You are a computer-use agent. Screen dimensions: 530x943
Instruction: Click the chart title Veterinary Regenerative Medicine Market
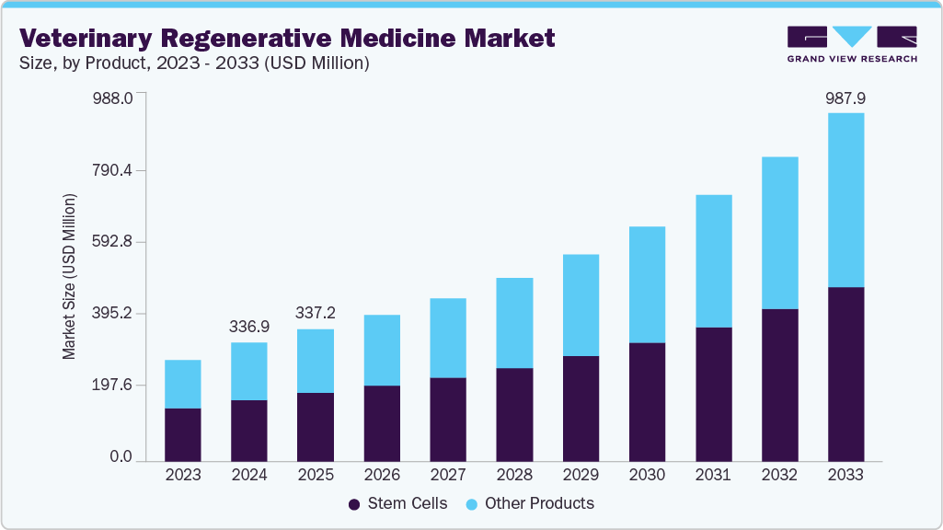tap(287, 38)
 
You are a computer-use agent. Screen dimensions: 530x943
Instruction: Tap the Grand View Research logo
tap(852, 43)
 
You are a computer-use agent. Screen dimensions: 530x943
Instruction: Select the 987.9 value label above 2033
tap(845, 98)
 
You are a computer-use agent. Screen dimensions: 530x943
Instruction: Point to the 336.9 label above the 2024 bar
tap(249, 327)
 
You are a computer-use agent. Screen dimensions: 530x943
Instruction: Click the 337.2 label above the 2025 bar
tap(316, 314)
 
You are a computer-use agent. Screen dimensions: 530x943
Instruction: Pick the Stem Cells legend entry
tap(398, 503)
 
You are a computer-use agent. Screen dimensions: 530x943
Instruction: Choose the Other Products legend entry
tap(530, 503)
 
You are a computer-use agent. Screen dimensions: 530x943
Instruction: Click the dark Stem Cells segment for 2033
tap(845, 374)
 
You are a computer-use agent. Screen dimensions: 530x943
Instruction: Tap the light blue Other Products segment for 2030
tap(647, 284)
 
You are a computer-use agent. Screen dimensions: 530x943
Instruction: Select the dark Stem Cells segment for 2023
tap(183, 434)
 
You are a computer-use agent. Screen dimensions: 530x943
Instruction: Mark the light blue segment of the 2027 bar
tap(448, 338)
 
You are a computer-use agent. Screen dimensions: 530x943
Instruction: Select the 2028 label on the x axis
tap(514, 476)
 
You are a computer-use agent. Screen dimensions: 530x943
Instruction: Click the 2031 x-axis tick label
tap(713, 476)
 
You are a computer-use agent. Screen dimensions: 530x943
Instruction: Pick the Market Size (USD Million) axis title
tap(69, 277)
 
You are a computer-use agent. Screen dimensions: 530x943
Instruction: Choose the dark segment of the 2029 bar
tap(581, 409)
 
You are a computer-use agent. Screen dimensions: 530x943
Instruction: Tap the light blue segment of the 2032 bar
tap(779, 233)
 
